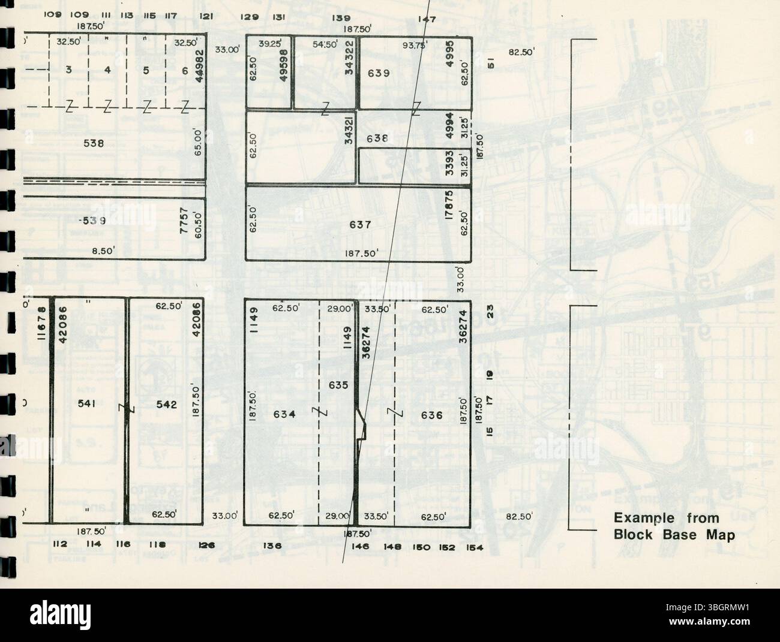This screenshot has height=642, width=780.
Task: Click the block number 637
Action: point(361,225)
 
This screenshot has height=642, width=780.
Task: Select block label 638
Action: point(378,138)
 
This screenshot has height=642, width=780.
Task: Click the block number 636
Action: point(432,415)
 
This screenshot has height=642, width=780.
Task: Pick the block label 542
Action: point(166,405)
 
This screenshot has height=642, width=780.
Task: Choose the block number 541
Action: point(88,405)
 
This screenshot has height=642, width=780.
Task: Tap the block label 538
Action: point(94,144)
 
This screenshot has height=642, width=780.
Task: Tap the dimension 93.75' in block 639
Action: point(415,44)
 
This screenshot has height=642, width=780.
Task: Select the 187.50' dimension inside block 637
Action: point(361,254)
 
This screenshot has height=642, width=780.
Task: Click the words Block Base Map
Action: point(674,535)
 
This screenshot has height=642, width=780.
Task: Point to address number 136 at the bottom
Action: point(272,545)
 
